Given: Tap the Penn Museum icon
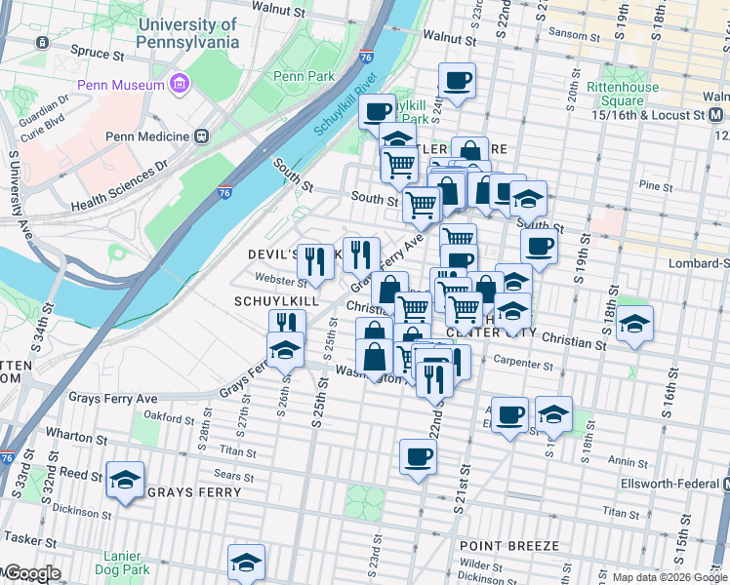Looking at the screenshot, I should click(179, 85).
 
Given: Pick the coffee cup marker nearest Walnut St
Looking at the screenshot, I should click(456, 80).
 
